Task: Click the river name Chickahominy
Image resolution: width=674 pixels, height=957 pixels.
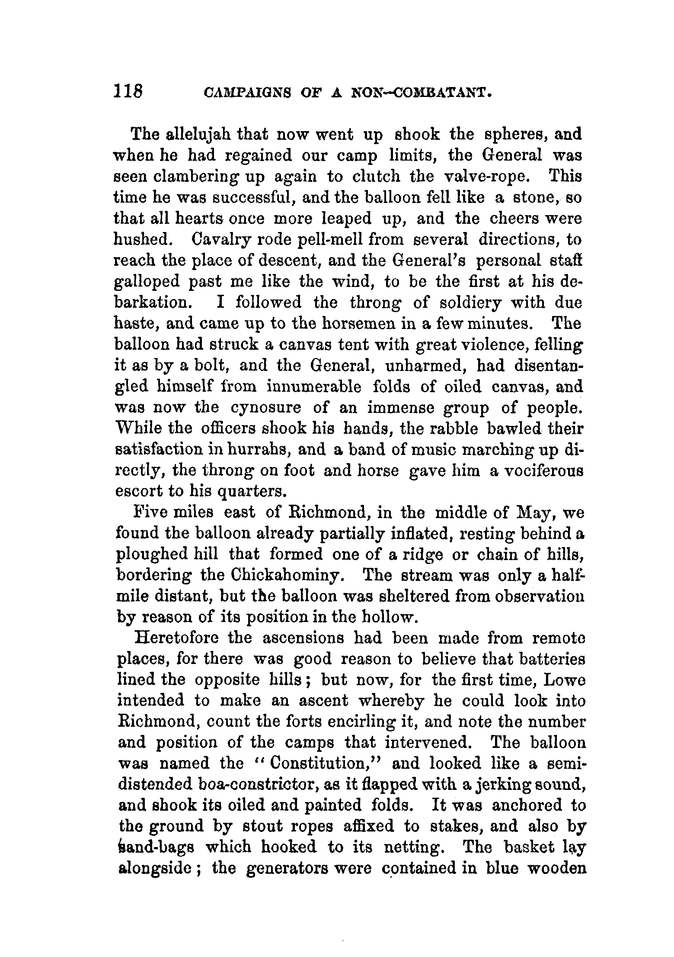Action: (x=287, y=576)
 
